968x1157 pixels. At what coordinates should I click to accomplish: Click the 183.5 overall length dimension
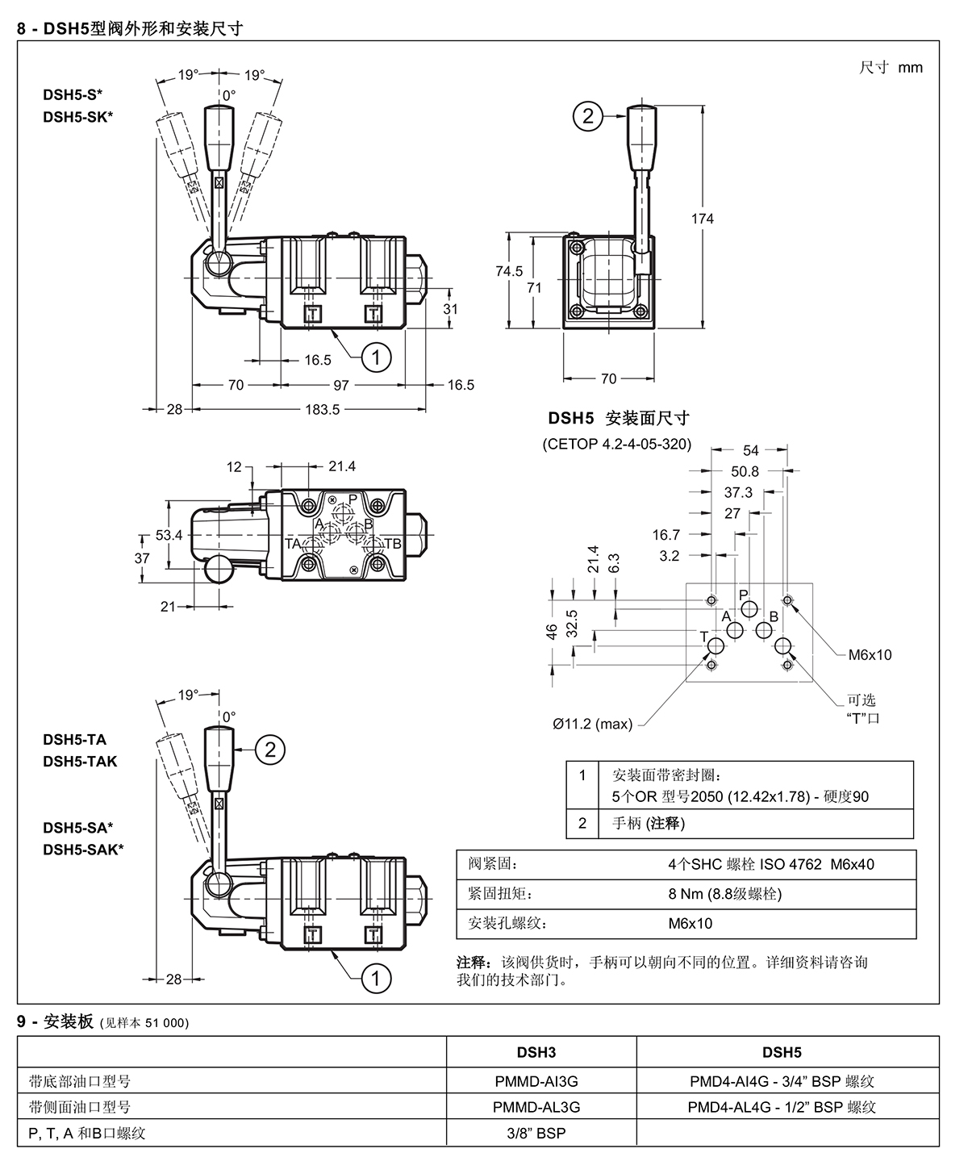(x=322, y=410)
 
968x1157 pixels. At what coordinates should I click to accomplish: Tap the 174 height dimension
(x=703, y=218)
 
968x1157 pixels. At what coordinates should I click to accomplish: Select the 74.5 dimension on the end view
(x=509, y=272)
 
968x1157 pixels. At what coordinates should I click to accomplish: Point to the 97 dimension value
(x=341, y=385)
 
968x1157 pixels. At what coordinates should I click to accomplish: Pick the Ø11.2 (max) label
(x=592, y=724)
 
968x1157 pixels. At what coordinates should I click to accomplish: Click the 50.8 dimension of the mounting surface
(x=745, y=471)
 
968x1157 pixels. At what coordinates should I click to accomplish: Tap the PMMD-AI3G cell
(x=536, y=1081)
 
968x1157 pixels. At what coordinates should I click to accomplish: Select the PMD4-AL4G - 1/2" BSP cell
(x=781, y=1107)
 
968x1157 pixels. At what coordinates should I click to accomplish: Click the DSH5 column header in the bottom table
(x=781, y=1052)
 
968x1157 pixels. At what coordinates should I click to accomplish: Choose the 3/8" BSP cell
(x=536, y=1133)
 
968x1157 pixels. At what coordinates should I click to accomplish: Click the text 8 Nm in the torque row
(x=682, y=894)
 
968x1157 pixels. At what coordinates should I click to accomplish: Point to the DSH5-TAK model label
(x=80, y=761)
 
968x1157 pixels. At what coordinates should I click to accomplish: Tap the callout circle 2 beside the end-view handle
(x=588, y=116)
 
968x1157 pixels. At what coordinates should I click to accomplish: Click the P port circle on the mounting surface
(x=747, y=609)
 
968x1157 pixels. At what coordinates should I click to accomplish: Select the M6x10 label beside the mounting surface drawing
(x=870, y=654)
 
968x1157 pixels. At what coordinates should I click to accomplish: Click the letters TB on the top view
(x=392, y=544)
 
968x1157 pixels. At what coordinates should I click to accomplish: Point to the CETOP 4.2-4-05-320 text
(x=617, y=444)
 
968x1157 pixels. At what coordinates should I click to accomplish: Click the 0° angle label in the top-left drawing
(x=229, y=94)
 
